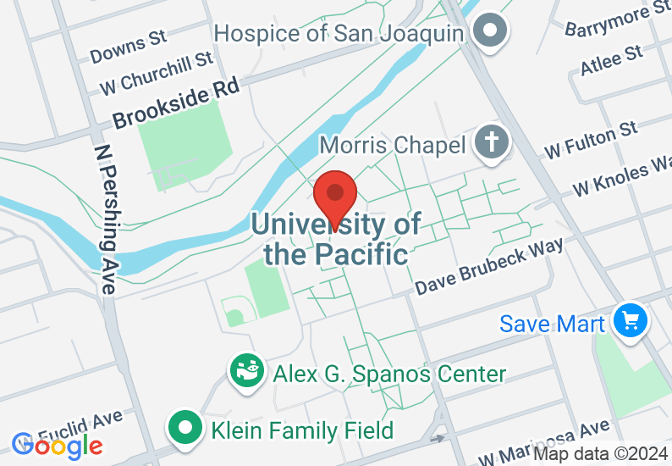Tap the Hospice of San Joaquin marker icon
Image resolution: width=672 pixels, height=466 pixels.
[489, 31]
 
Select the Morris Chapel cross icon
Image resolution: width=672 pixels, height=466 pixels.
[490, 142]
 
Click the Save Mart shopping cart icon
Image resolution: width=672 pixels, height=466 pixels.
[631, 321]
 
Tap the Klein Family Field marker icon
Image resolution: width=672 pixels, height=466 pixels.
[185, 428]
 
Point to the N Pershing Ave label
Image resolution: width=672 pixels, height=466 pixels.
[105, 218]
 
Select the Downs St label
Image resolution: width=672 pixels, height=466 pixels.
[128, 48]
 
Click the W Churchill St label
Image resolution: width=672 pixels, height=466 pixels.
[157, 73]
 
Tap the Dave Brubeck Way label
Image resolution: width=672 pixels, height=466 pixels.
[489, 267]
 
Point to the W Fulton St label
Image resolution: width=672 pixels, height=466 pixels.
[592, 140]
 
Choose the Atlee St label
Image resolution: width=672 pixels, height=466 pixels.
[611, 60]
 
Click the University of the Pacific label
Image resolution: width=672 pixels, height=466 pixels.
[336, 239]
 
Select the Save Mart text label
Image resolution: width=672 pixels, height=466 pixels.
[552, 324]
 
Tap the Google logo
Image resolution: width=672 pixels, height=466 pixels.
[58, 444]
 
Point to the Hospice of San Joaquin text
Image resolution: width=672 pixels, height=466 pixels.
[340, 33]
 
